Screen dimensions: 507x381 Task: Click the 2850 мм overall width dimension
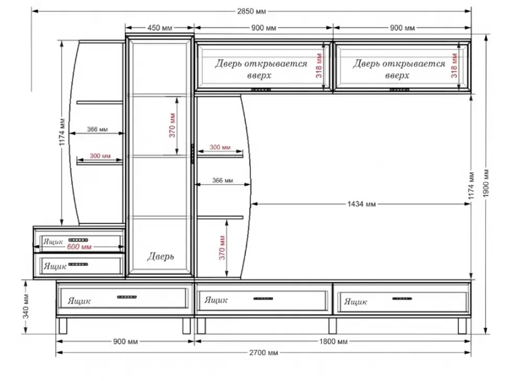coord(251,12)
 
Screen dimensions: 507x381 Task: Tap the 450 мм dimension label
coord(160,28)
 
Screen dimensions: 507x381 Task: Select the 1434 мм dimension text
coord(362,204)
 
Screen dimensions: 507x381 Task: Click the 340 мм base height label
coord(26,306)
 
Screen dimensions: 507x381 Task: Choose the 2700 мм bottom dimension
coord(263,353)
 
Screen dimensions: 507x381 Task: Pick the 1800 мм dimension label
coord(333,342)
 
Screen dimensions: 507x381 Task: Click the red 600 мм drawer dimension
coord(79,246)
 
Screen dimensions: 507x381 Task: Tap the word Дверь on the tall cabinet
coord(160,256)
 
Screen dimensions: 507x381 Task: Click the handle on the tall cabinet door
coord(192,154)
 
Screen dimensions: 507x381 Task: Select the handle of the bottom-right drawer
coord(402,298)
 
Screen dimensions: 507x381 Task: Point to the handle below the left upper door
coord(261,89)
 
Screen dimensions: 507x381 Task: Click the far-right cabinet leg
coord(463,326)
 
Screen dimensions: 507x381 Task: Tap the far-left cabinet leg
coord(63,326)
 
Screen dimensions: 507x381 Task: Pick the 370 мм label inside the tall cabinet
coord(172,125)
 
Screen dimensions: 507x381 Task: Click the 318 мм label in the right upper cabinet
coord(454,66)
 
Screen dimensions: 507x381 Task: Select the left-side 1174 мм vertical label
coord(62,132)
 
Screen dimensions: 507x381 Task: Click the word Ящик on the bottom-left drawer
coord(79,301)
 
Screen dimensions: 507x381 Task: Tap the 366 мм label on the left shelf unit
coord(97,129)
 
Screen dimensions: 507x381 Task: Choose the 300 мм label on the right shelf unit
coord(220,147)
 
